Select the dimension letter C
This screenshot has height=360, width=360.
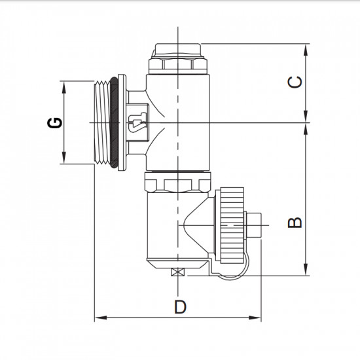(x=296, y=82)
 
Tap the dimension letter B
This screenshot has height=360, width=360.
(x=296, y=221)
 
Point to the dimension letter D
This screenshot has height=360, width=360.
(x=180, y=306)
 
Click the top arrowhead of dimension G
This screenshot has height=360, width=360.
(x=63, y=85)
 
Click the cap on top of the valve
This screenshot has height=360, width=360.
(x=178, y=51)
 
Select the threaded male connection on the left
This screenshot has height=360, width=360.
(x=98, y=122)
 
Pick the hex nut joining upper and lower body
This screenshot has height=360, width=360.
(x=177, y=181)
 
